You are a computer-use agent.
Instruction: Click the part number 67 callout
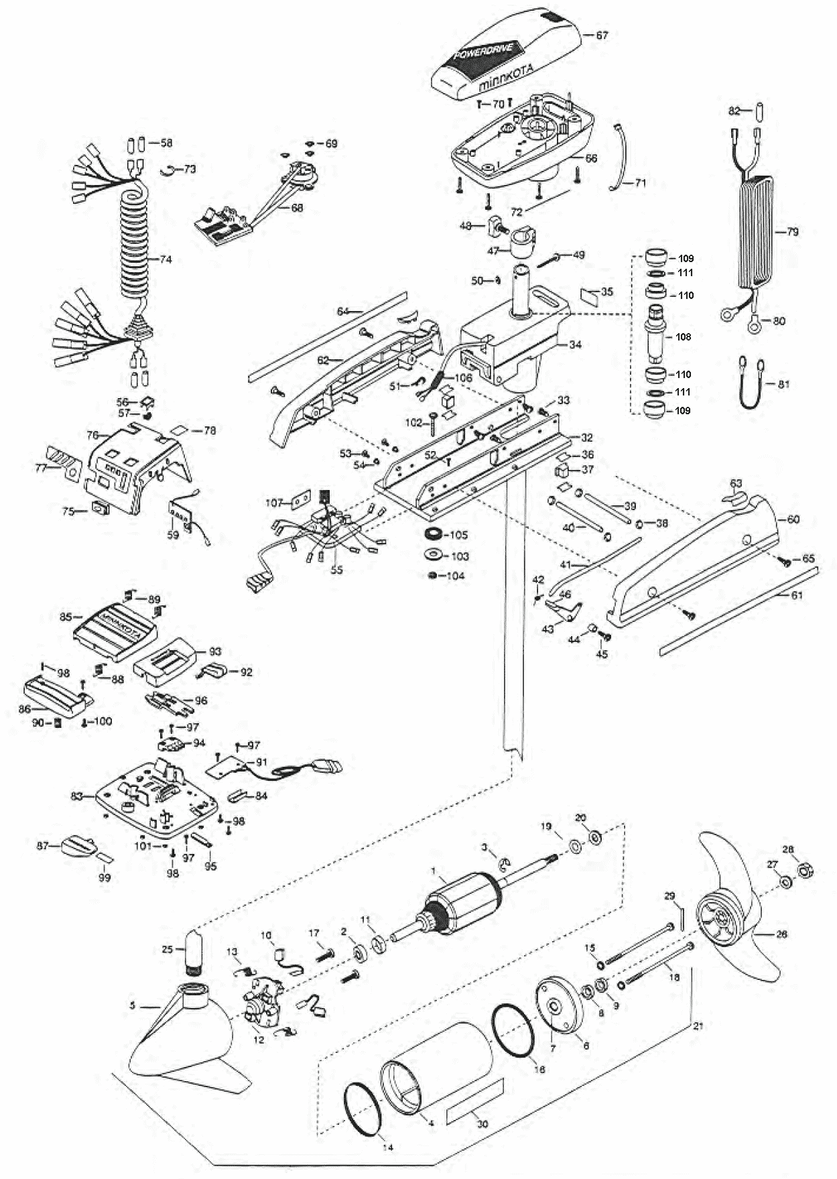coord(601,36)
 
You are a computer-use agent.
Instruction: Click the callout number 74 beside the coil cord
coord(166,259)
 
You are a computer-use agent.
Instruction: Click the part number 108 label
coord(683,336)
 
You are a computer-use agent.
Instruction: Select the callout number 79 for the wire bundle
coord(792,232)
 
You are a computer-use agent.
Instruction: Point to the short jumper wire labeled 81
coord(754,385)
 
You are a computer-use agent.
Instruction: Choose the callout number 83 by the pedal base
coord(76,796)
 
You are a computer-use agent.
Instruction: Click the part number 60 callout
coord(793,519)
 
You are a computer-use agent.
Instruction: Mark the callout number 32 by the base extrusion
coord(587,438)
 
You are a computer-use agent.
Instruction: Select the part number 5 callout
coord(133,1005)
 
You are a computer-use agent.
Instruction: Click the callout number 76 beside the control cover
coord(93,434)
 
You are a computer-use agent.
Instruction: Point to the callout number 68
coord(296,208)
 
